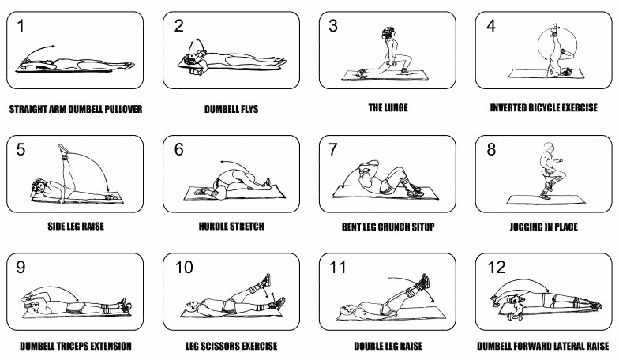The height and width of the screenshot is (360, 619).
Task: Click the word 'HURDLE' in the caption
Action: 216,227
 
